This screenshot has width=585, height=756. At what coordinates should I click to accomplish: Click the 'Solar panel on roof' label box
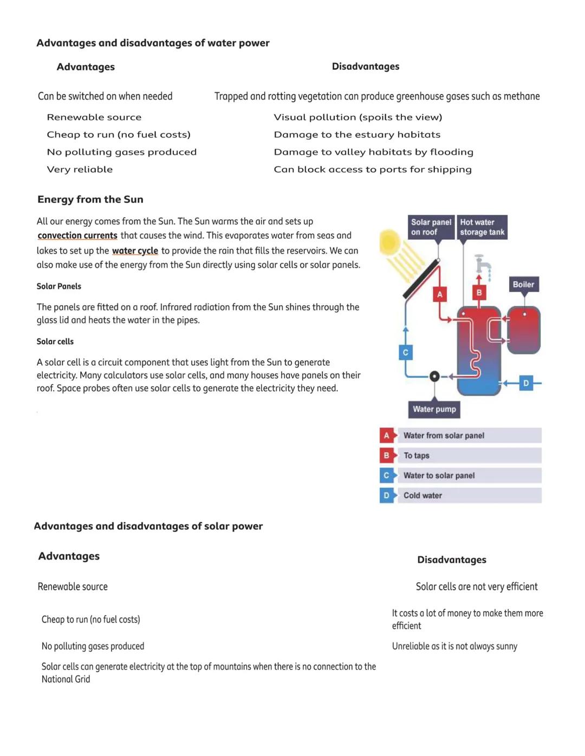click(431, 227)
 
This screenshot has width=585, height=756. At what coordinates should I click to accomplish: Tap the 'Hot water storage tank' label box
click(482, 227)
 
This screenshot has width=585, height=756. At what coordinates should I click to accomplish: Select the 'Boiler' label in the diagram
click(523, 284)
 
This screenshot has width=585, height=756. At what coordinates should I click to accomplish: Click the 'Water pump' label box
click(434, 409)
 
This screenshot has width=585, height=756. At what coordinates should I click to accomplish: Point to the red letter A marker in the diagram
click(440, 294)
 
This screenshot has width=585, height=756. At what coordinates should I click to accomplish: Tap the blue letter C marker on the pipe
click(406, 352)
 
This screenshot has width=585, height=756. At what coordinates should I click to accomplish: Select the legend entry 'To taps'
click(460, 456)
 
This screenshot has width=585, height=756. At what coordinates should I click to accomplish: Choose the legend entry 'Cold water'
click(460, 495)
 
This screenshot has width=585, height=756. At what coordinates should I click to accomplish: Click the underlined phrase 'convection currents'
click(77, 235)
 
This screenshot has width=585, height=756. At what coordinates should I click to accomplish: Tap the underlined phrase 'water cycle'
click(135, 251)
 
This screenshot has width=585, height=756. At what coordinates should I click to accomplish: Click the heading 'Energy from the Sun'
click(90, 199)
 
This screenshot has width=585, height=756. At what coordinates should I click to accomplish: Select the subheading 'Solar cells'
click(55, 341)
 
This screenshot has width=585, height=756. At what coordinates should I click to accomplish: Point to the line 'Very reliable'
click(80, 169)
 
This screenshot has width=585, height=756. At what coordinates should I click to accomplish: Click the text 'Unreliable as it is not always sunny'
click(454, 646)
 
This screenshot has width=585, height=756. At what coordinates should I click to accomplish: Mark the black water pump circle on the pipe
click(434, 376)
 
